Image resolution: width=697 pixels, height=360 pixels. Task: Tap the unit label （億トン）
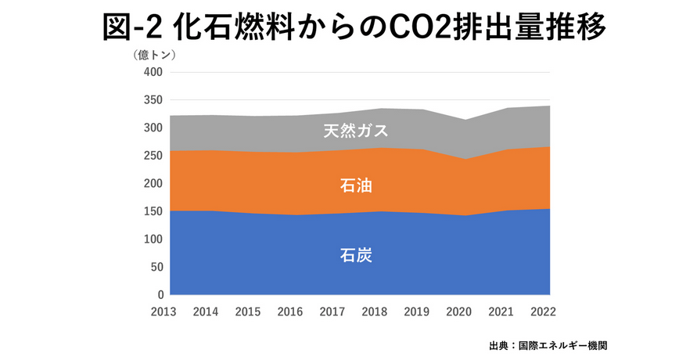[x=153, y=55]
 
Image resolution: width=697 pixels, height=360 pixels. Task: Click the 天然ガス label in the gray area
[x=355, y=131]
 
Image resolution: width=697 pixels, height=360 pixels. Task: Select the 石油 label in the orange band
[x=355, y=185]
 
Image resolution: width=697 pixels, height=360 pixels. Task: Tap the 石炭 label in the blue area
[x=355, y=255]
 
